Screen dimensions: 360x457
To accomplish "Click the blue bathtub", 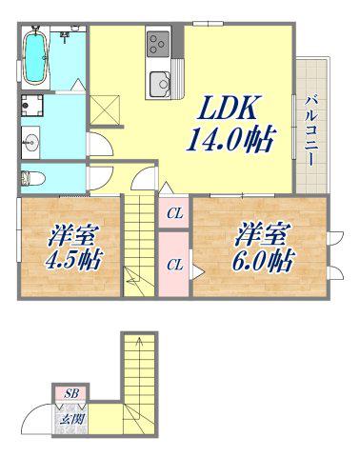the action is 35,57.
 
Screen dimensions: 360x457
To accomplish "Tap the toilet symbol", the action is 32,179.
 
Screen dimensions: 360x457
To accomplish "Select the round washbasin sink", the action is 30,143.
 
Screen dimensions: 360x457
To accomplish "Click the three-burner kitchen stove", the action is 158,44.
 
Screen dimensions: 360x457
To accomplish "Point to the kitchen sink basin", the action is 160,84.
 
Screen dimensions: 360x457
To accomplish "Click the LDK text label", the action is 228,108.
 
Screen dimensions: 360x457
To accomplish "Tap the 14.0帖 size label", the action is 230,139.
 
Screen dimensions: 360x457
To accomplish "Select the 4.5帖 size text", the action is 73,260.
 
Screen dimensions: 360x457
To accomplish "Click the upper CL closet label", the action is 175,214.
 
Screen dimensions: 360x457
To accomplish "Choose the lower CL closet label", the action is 175,265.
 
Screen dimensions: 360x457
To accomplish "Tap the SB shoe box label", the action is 70,394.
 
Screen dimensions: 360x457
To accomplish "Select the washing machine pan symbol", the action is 32,106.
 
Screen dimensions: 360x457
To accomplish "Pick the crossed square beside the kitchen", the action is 105,109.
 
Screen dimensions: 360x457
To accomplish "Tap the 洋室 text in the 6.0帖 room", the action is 262,235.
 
